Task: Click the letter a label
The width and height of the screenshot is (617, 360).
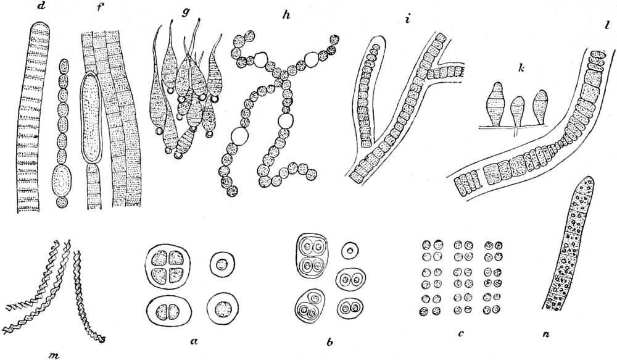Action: click(x=193, y=342)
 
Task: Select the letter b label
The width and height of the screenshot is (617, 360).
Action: click(x=330, y=341)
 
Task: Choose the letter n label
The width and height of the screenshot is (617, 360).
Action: click(x=547, y=335)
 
